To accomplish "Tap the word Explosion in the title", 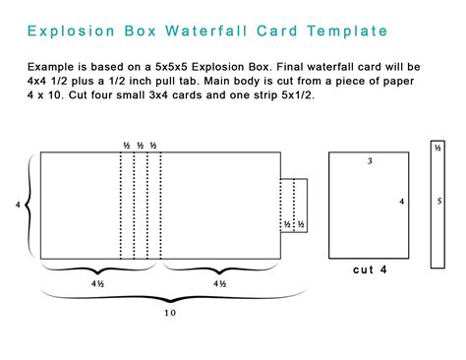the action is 71,30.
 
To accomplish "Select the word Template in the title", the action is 346,30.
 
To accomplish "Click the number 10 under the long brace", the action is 170,313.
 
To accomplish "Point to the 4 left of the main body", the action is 18,205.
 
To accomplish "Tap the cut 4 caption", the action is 370,269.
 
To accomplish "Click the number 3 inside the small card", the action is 370,161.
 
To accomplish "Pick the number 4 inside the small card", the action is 401,202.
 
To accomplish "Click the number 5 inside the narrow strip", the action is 438,202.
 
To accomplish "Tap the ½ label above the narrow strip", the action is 437,148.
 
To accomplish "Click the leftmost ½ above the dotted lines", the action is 127,146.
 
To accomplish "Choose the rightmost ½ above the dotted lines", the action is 153,146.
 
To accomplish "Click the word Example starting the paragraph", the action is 52,66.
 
